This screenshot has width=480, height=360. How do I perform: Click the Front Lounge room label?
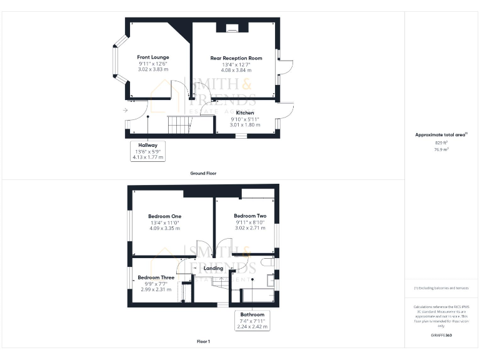click(153, 57)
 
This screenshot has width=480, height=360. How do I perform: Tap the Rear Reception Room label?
click(236, 58)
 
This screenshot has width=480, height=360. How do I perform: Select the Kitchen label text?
click(244, 112)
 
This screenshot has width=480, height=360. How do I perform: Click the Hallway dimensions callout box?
click(147, 151)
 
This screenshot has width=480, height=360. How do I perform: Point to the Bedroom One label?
click(164, 216)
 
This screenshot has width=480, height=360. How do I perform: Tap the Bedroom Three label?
click(156, 277)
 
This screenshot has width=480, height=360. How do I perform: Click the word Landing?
click(214, 268)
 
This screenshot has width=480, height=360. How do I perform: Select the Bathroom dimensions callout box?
click(252, 320)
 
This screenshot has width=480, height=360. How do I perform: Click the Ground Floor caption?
click(203, 173)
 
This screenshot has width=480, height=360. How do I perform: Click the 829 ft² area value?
click(441, 142)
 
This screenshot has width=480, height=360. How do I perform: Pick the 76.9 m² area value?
click(441, 149)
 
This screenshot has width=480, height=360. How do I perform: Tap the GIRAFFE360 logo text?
click(441, 336)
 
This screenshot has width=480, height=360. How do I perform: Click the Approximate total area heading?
click(441, 134)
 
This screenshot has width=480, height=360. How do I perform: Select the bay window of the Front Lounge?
click(115, 61)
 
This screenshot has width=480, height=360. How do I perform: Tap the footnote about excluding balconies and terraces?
click(441, 287)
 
